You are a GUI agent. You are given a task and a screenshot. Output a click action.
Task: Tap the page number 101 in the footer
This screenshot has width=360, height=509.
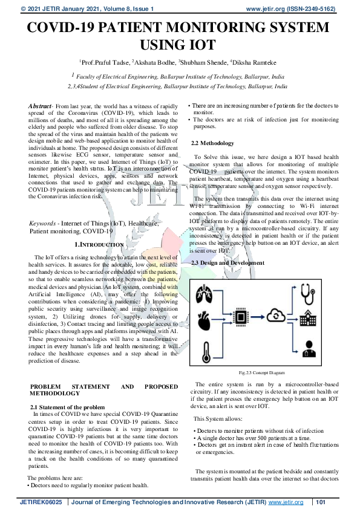(x=321, y=502)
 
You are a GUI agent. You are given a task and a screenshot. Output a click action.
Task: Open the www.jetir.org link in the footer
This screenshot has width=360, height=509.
(x=286, y=502)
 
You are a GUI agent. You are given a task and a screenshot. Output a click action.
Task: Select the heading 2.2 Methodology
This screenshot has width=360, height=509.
(x=212, y=144)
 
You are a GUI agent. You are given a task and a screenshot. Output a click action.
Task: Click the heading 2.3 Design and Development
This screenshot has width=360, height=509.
(x=227, y=263)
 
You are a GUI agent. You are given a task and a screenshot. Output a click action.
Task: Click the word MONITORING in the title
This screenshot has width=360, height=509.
(x=200, y=28)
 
